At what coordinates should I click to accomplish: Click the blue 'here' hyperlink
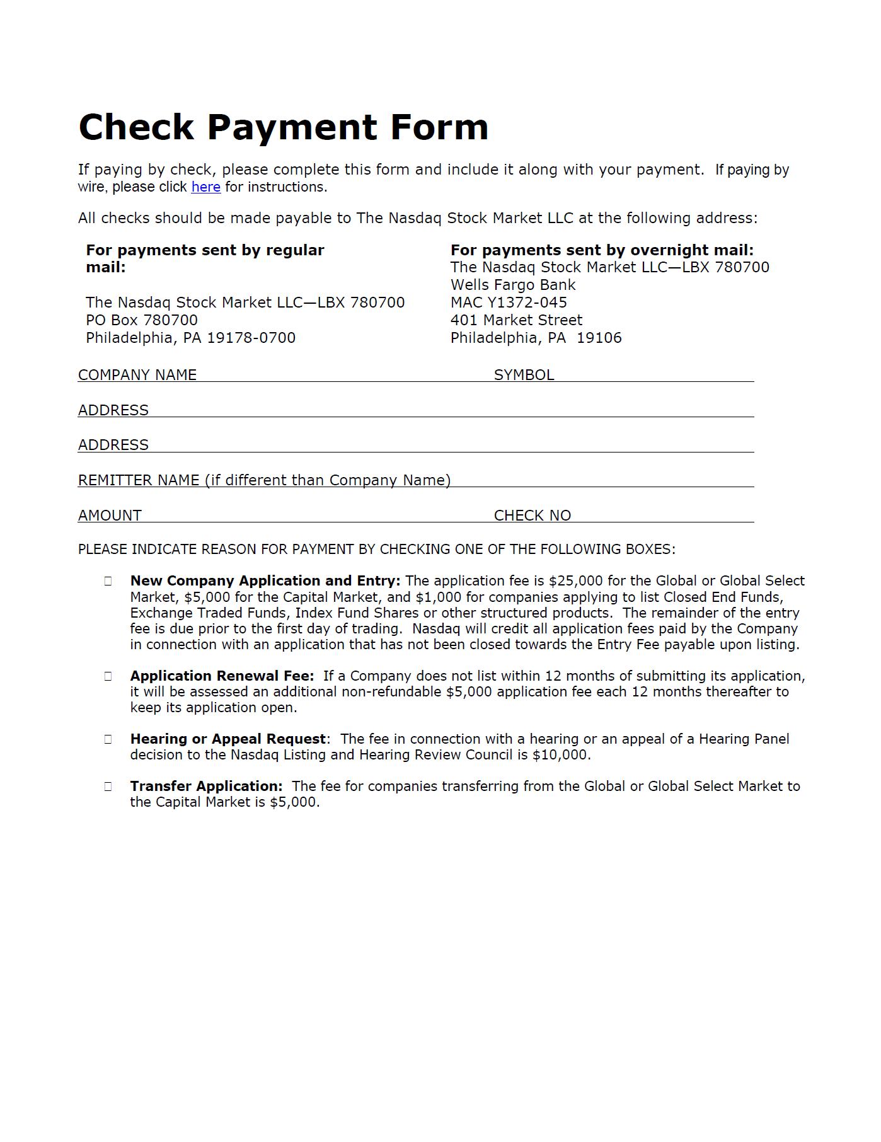tap(205, 187)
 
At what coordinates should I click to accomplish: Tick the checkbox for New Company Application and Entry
tap(108, 581)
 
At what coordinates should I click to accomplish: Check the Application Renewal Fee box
tap(108, 676)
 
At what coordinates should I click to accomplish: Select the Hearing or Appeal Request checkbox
tap(108, 739)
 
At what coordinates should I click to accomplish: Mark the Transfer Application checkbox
tap(108, 787)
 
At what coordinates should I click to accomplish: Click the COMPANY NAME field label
tap(137, 375)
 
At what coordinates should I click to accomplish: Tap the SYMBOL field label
tap(524, 375)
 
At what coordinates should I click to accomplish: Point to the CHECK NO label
tap(532, 516)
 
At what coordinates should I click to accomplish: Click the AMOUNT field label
tap(110, 516)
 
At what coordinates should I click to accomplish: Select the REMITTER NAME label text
tap(264, 480)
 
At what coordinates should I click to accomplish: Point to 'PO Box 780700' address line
tap(142, 320)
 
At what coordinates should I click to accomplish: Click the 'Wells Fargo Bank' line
tap(513, 285)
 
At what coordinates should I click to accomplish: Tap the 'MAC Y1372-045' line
tap(509, 303)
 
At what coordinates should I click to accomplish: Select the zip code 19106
tap(599, 338)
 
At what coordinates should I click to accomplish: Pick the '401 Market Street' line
tap(516, 320)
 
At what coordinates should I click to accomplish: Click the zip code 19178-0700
tap(251, 338)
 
